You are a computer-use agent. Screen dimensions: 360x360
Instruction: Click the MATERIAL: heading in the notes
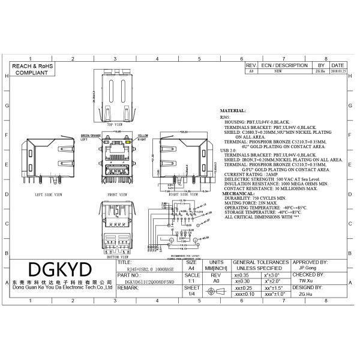click(x=233, y=111)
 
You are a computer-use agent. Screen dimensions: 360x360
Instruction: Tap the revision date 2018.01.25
click(x=338, y=71)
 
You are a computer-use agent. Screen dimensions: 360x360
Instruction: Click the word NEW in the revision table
click(x=278, y=71)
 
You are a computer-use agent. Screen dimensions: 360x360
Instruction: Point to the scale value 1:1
click(x=191, y=280)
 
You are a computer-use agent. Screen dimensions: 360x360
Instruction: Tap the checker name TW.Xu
click(x=305, y=280)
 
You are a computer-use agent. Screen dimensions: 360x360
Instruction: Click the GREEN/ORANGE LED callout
click(x=91, y=136)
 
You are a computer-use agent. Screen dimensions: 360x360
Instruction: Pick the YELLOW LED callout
click(x=143, y=136)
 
